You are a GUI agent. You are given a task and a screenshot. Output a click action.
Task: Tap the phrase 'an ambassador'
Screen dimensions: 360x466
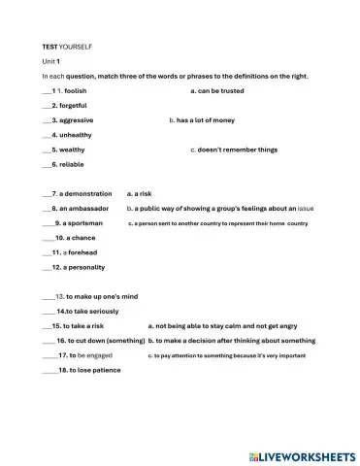pos(85,208)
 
